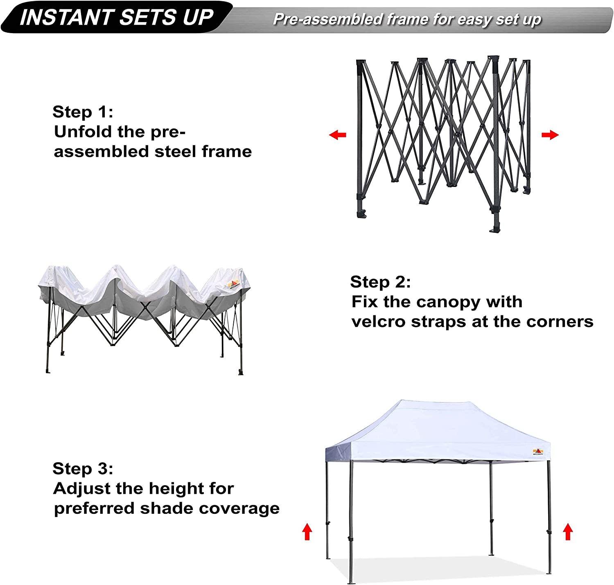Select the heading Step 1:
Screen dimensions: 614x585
click(x=83, y=112)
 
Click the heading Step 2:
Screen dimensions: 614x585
click(x=380, y=282)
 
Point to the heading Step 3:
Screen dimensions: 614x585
click(x=83, y=468)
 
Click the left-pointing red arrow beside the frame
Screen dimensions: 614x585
click(x=338, y=135)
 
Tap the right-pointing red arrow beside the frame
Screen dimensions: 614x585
click(x=550, y=135)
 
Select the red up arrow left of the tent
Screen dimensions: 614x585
click(x=307, y=532)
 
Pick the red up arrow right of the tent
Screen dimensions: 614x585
click(x=568, y=532)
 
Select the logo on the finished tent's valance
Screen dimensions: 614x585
click(x=538, y=452)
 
